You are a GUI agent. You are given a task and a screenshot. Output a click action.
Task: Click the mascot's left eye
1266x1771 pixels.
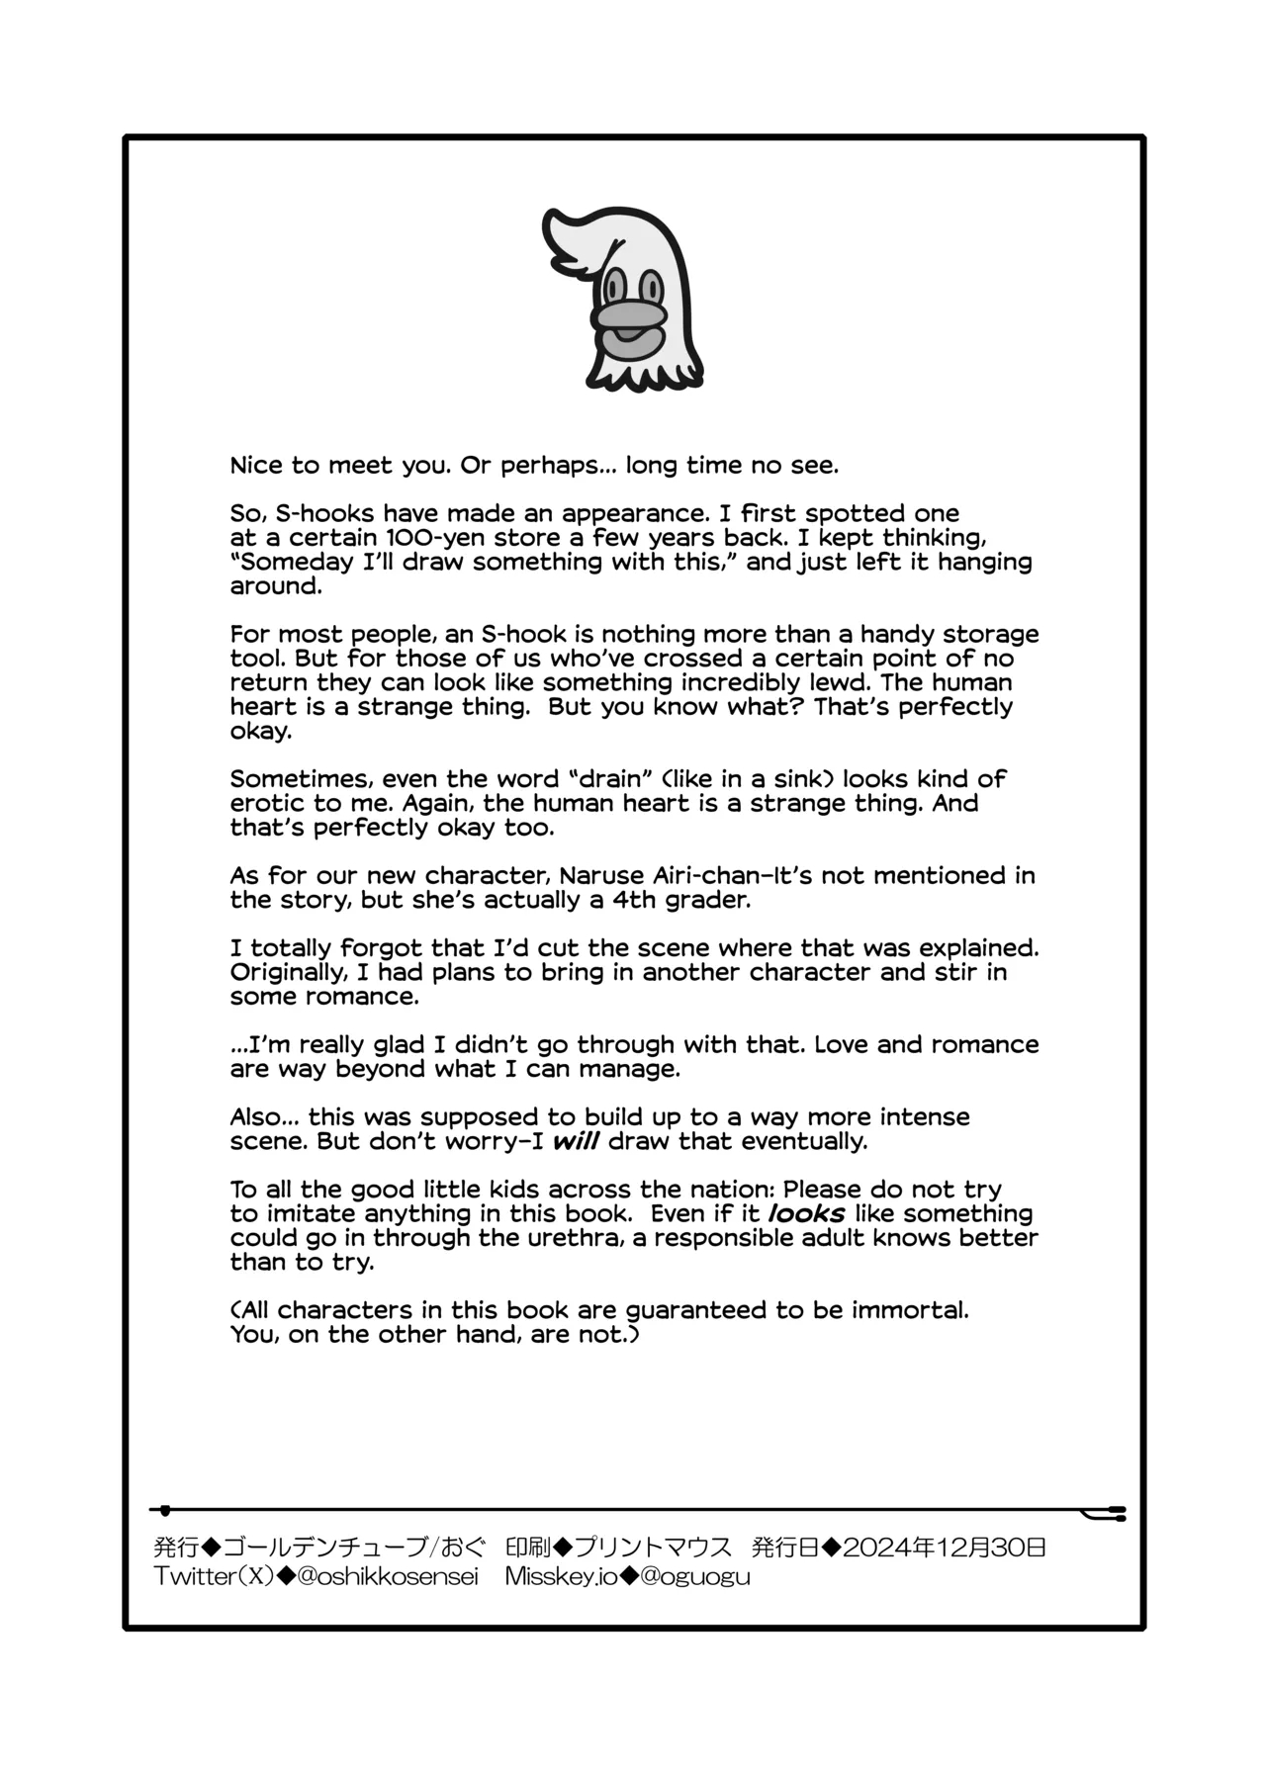click(614, 288)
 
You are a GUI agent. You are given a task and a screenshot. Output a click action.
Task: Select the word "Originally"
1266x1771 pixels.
click(283, 972)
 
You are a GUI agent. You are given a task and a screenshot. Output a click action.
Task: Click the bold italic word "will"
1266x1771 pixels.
click(575, 1141)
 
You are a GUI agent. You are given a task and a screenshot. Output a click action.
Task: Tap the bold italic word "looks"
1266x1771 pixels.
click(806, 1213)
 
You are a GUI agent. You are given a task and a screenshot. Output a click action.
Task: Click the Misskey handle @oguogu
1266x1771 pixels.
click(695, 1577)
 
